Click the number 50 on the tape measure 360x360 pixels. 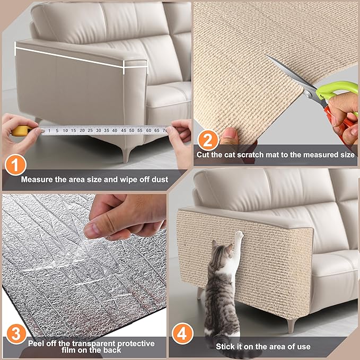pos(131,130)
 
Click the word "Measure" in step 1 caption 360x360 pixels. pos(37,179)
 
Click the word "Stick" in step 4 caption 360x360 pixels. pos(225,346)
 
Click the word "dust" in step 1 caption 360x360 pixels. pos(158,179)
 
